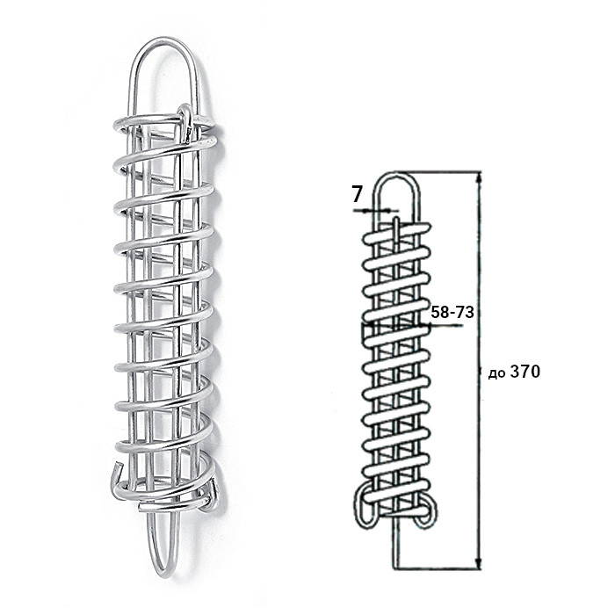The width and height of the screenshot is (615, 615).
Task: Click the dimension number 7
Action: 356,194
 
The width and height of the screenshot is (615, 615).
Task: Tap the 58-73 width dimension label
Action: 452,312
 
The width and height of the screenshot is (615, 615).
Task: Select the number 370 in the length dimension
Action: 525,372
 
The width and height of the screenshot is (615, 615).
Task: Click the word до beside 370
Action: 497,373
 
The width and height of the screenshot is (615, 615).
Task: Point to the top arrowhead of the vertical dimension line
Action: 478,177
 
